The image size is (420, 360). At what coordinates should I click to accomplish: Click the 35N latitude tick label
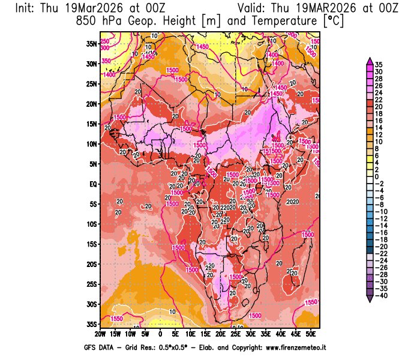[91, 43]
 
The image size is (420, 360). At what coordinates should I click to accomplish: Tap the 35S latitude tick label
[91, 324]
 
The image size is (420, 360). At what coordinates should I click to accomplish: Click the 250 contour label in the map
[104, 41]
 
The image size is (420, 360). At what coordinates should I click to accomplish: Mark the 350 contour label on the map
[106, 61]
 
